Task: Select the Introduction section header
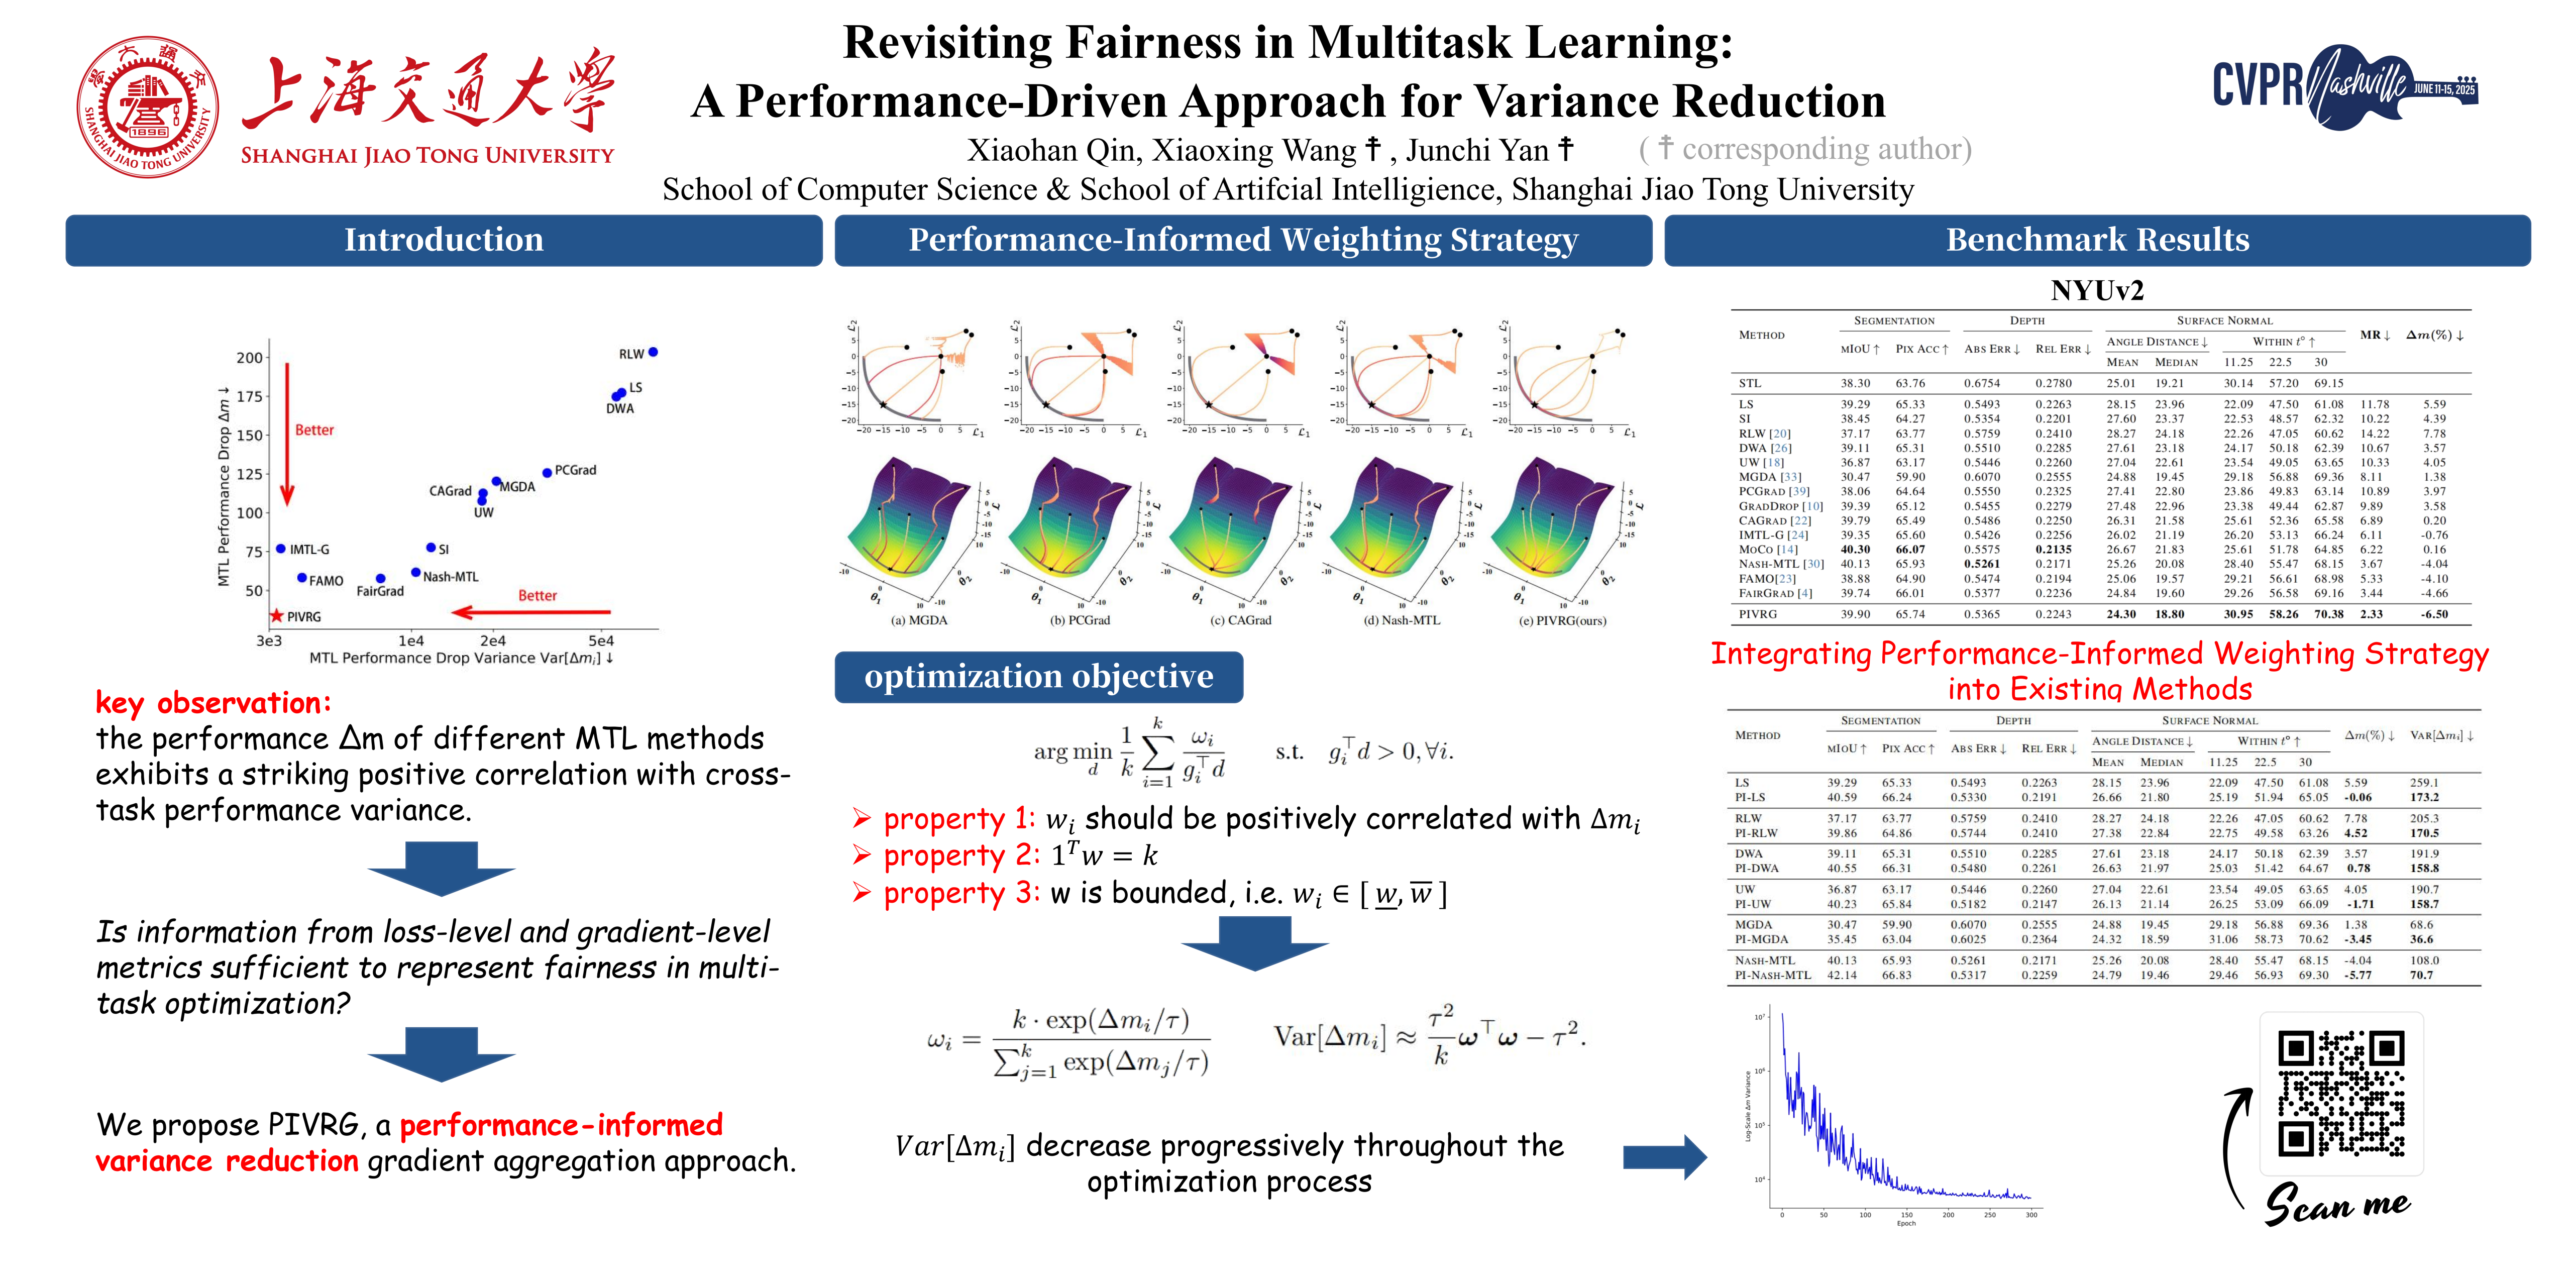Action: [443, 240]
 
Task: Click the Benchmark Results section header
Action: [2097, 240]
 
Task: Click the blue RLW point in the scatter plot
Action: [653, 353]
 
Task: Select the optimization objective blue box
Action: [1038, 677]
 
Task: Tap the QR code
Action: [2340, 1093]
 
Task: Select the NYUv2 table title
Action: [2097, 290]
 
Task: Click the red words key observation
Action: [212, 703]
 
